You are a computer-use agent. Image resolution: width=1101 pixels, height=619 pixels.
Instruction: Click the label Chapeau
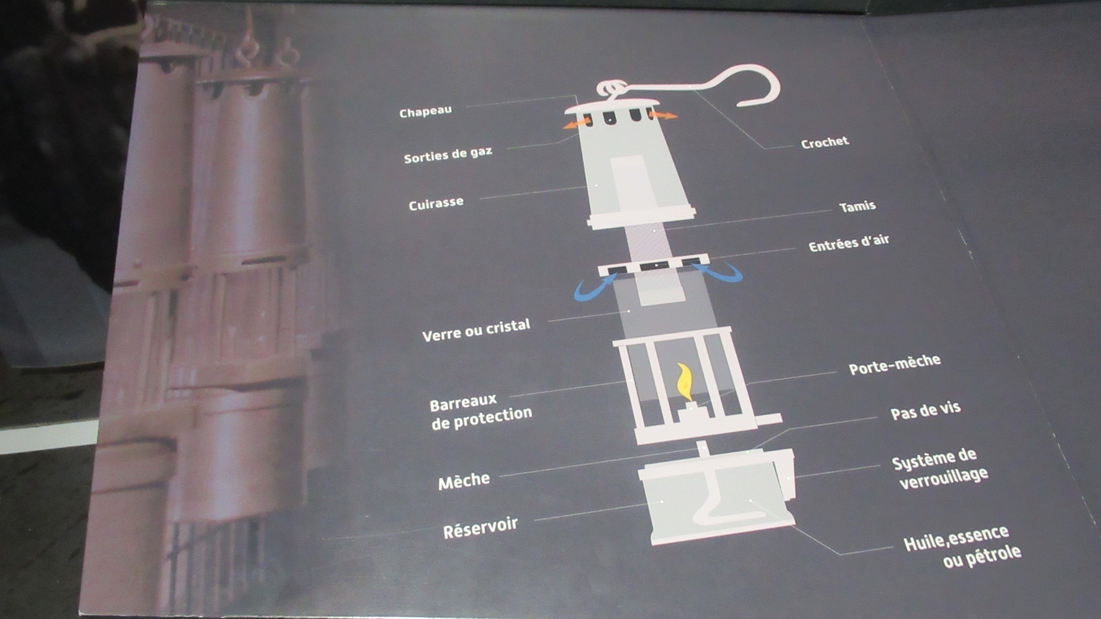point(425,111)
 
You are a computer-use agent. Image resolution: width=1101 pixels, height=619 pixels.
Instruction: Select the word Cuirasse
point(436,203)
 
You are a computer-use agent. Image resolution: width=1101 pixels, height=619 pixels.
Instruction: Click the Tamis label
point(857,206)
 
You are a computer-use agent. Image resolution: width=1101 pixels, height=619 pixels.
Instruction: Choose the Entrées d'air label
point(849,243)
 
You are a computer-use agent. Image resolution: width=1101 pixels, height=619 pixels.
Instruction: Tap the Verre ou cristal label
point(476,330)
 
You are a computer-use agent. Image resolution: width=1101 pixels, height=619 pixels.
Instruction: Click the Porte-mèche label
point(895,364)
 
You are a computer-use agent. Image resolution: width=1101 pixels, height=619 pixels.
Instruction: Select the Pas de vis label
point(926,411)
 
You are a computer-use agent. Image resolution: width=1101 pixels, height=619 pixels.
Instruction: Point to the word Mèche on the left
point(464,480)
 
